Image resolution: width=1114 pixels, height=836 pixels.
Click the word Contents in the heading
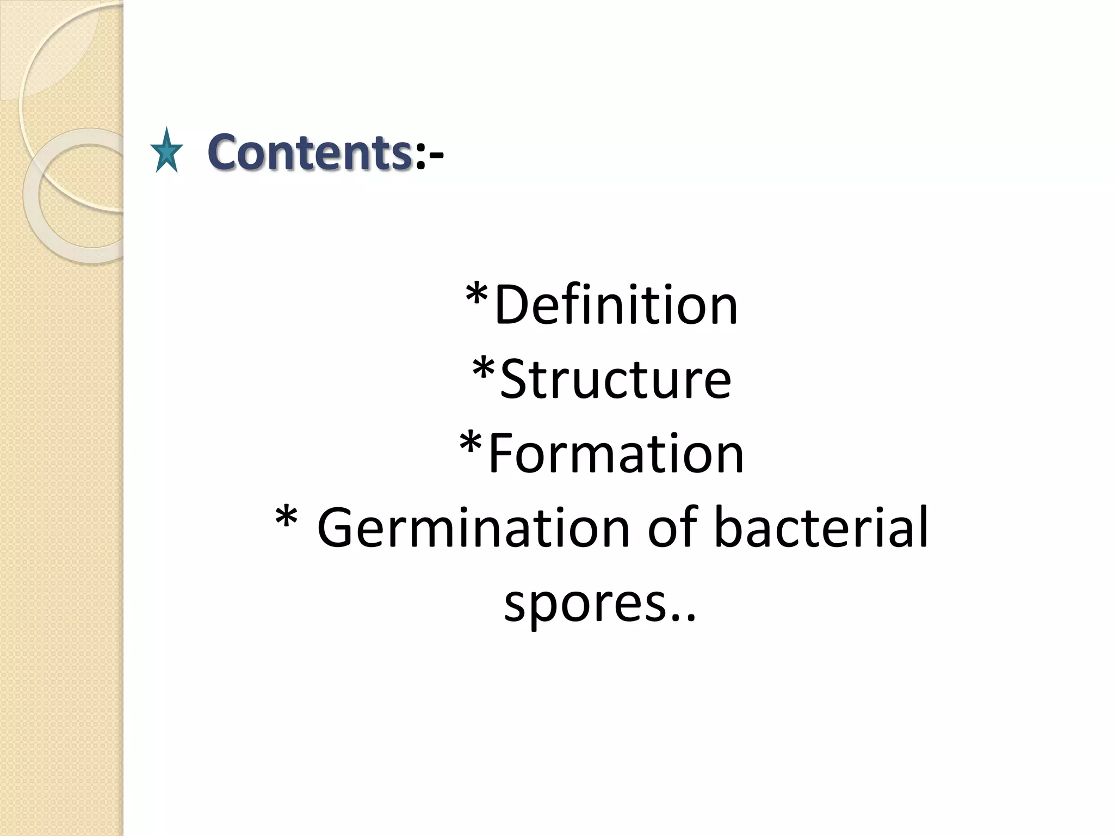[x=309, y=152]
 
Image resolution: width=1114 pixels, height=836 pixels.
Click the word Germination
[x=473, y=527]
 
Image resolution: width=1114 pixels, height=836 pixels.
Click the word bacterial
[x=821, y=527]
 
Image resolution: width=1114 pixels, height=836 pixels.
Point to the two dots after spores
[x=684, y=618]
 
